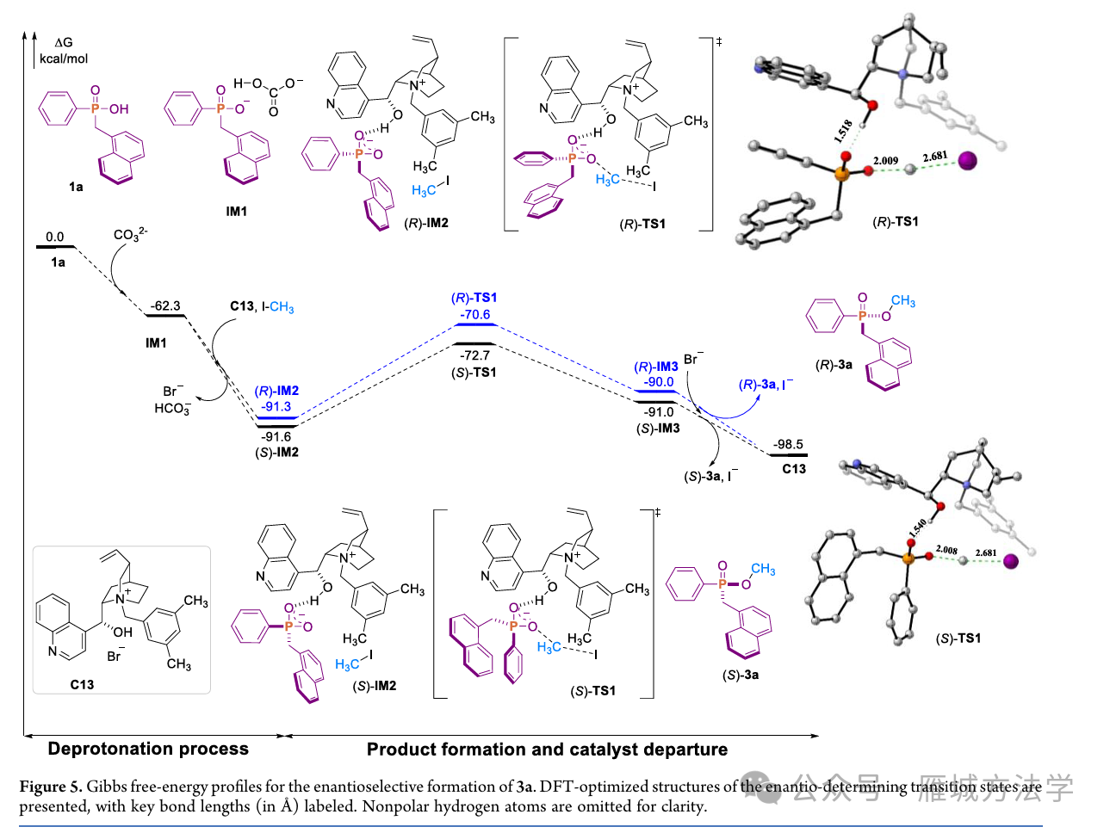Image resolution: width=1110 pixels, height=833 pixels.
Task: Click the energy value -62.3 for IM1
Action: (x=165, y=305)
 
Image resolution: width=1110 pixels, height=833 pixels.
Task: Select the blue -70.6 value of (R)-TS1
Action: (x=475, y=314)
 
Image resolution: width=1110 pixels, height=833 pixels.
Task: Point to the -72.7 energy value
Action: (x=474, y=355)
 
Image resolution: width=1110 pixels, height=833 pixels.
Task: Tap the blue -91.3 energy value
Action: (x=276, y=406)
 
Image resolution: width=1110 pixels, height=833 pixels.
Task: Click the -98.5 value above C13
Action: (x=788, y=444)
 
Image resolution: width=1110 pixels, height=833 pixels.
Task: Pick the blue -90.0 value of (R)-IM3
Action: (x=659, y=381)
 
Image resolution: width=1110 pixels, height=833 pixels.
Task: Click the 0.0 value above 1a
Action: (x=55, y=237)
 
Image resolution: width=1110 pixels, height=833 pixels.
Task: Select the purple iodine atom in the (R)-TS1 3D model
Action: (x=968, y=161)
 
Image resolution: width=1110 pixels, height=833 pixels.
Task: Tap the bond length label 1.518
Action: (x=843, y=130)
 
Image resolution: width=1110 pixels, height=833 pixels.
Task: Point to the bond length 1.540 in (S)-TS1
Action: (x=917, y=527)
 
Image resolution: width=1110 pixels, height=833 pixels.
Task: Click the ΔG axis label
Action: (x=64, y=42)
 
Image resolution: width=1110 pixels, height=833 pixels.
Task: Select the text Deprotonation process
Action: (x=148, y=749)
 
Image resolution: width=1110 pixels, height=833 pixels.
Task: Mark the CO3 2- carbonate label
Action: (x=130, y=234)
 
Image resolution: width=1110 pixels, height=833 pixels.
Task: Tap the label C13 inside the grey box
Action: (x=82, y=684)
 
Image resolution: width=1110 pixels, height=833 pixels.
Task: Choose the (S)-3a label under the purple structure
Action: (x=740, y=675)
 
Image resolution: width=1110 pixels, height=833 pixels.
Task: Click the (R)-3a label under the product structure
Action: (x=834, y=364)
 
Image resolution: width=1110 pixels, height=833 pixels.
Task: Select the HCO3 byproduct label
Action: (x=172, y=409)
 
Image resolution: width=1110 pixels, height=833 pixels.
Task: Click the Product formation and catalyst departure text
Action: (x=547, y=749)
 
